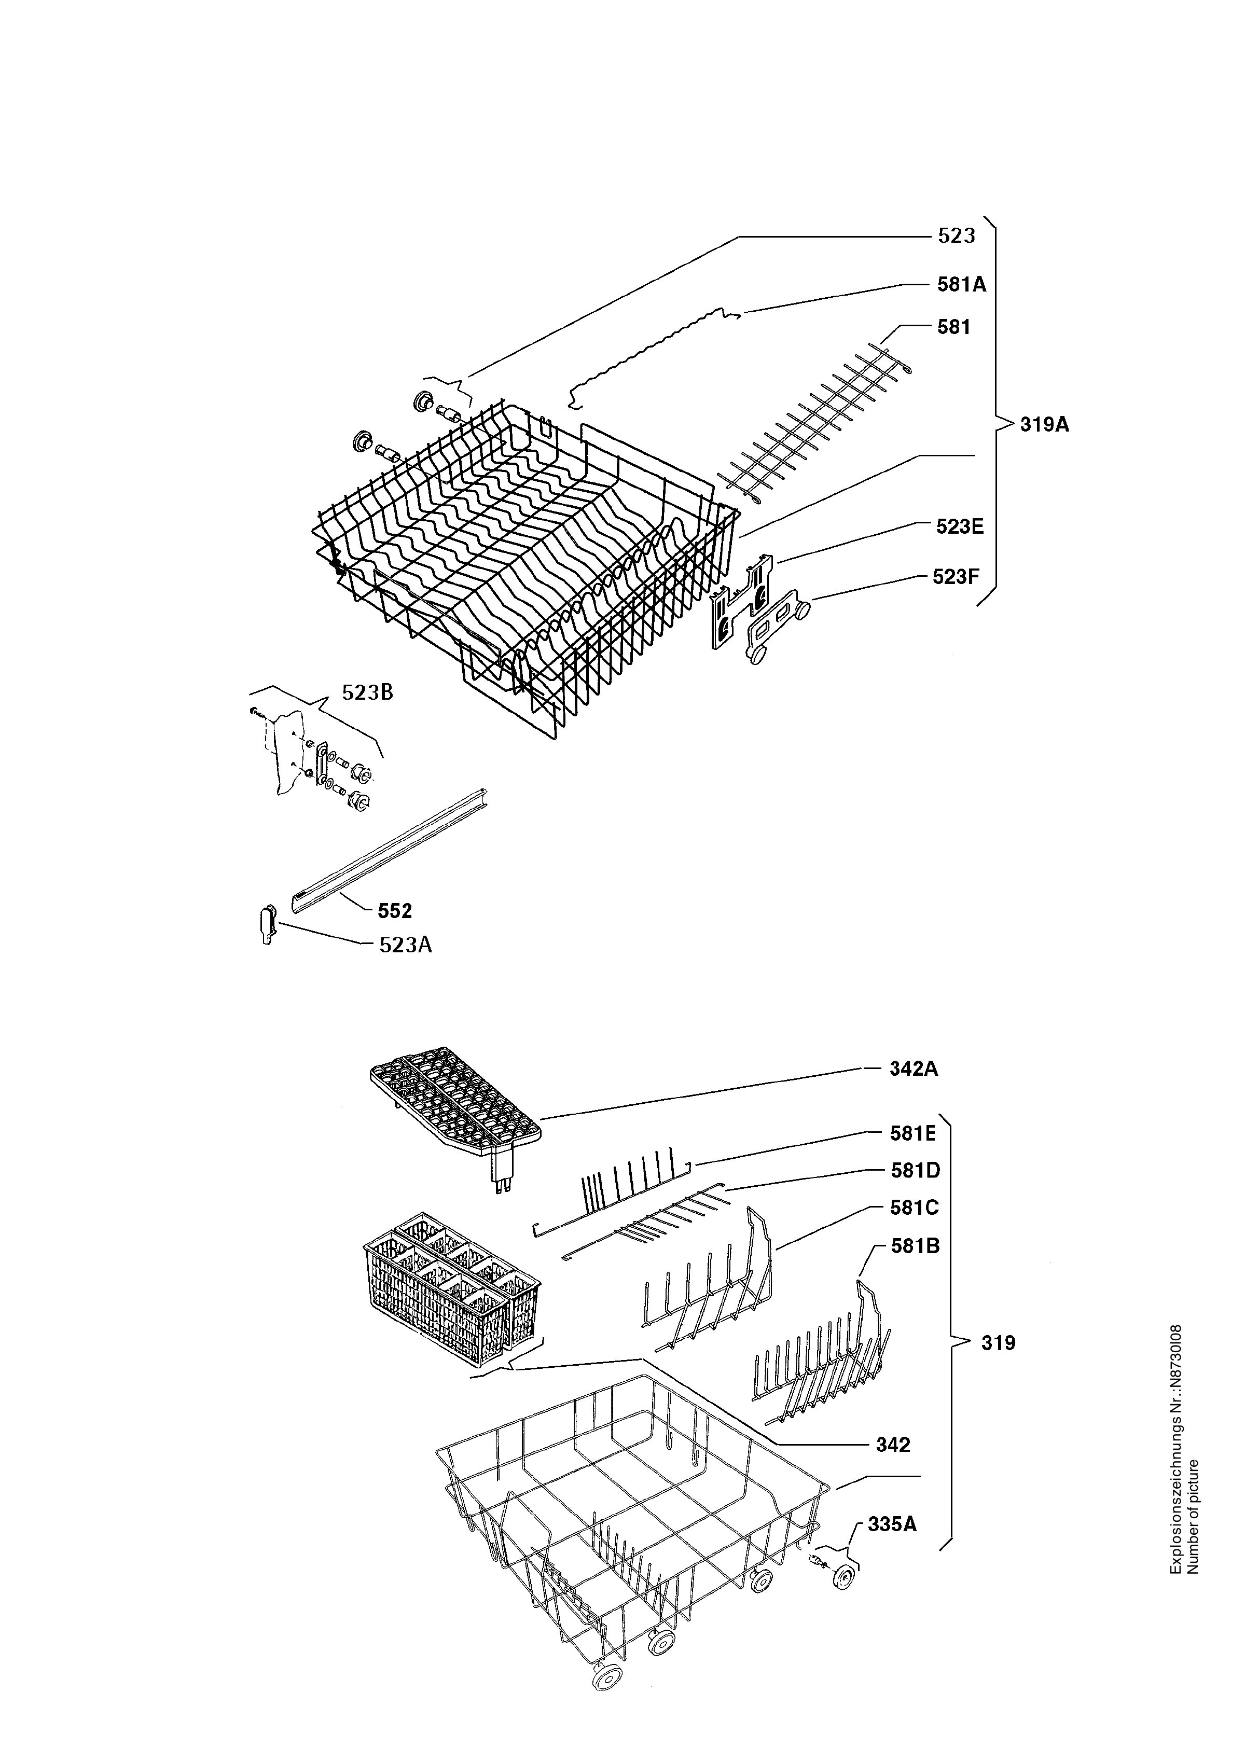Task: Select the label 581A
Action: coord(962,285)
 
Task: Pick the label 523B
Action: coord(368,692)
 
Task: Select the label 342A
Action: coord(914,1069)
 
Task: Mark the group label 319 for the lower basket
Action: coord(998,1343)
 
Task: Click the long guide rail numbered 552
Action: coord(390,850)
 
